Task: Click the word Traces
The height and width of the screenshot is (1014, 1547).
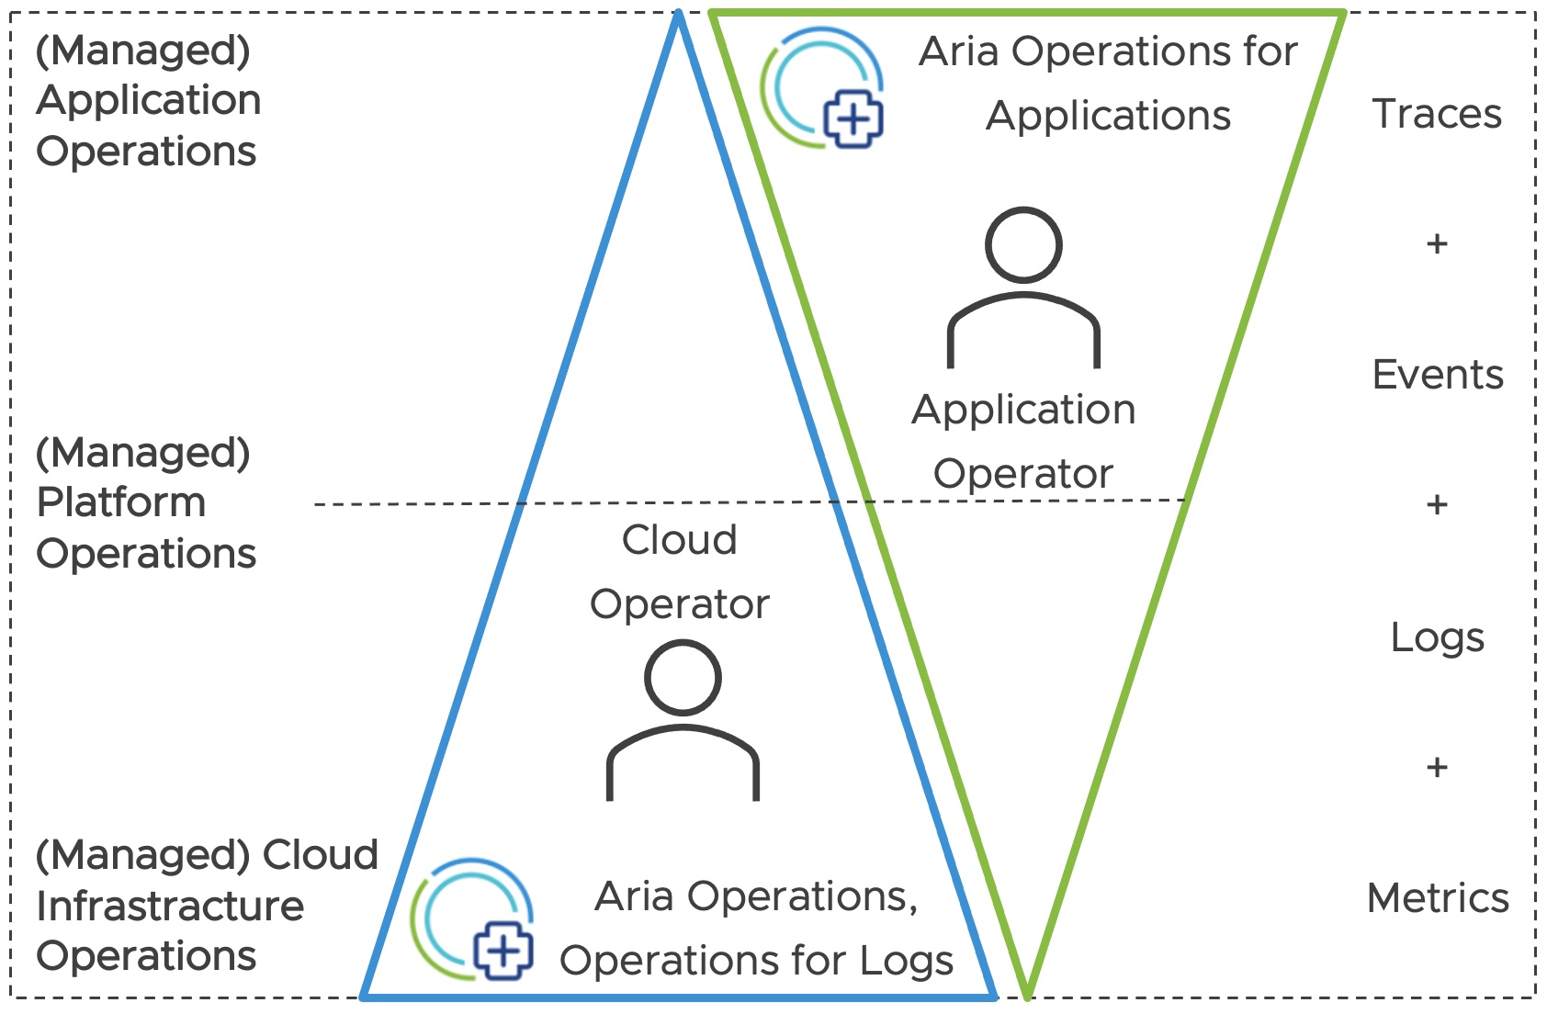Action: coord(1437,115)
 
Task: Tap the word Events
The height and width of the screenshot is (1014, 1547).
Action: coord(1438,375)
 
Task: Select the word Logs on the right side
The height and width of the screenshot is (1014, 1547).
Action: coord(1437,637)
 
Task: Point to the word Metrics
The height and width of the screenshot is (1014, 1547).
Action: coord(1438,898)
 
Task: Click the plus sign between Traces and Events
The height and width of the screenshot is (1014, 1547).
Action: coord(1437,244)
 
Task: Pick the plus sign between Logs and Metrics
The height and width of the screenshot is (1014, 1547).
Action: coord(1437,767)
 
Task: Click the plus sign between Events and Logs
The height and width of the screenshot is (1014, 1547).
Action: coord(1437,505)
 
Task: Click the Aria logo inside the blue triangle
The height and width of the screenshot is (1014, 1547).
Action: coord(472,919)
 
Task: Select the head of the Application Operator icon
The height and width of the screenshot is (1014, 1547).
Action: coord(1023,245)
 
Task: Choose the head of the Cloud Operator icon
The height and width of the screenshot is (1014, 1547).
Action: coord(683,678)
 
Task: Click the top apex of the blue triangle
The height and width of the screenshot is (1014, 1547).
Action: coord(678,16)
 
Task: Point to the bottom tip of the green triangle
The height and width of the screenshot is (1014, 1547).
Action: coord(1027,994)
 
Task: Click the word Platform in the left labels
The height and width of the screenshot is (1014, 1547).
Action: coord(121,503)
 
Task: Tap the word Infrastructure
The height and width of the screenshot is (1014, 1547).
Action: coord(170,907)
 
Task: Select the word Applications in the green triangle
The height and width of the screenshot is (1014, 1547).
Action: coord(1108,117)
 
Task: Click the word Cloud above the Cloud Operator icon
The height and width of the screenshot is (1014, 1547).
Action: coord(680,540)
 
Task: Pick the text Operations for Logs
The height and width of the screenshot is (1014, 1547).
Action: coord(756,962)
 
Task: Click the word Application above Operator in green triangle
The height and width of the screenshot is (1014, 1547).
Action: coord(1023,410)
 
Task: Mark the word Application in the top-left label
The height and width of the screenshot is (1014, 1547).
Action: coord(149,100)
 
